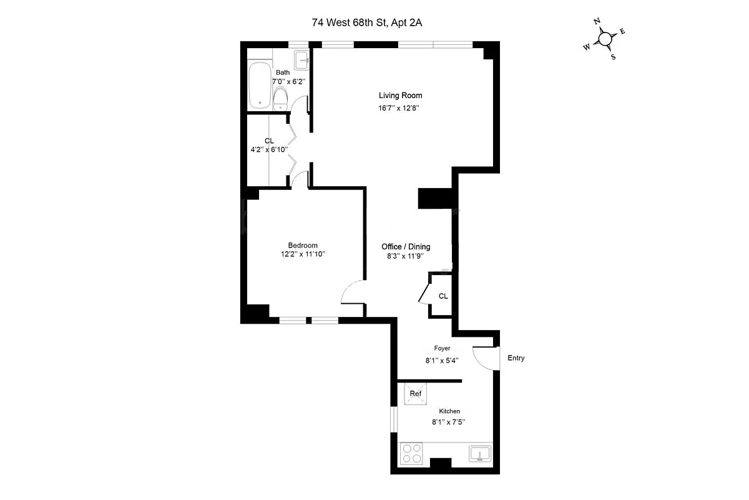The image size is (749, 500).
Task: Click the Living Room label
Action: (400, 96)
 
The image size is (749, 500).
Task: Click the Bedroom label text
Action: (303, 246)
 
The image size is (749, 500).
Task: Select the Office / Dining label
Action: (406, 247)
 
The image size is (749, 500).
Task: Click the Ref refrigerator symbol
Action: (416, 394)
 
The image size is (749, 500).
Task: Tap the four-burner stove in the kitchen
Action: (411, 453)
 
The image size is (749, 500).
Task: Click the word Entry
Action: (516, 358)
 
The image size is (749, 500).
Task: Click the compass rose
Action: (605, 39)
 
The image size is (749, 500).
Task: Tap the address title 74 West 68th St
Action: (371, 22)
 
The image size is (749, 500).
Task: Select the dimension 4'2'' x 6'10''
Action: (268, 149)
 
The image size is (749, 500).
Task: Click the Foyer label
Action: (442, 348)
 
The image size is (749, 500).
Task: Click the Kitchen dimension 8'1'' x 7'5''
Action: (449, 422)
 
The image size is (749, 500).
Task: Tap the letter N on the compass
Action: (597, 22)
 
